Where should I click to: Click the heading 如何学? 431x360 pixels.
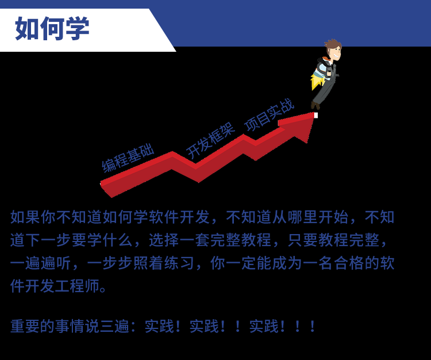pos(52,28)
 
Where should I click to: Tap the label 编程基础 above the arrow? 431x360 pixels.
pos(128,159)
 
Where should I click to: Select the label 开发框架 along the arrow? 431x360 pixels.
pos(210,141)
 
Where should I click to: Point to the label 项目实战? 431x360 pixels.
pos(270,114)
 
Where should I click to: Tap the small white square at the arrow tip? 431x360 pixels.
pos(316,115)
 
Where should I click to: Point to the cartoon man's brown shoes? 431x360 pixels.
pos(315,105)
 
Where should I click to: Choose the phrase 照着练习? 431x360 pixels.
pos(164,263)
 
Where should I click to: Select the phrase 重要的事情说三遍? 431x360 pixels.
pos(70,326)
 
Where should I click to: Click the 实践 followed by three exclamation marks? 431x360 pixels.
pos(264,326)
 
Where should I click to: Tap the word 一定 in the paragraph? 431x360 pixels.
pos(241,263)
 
